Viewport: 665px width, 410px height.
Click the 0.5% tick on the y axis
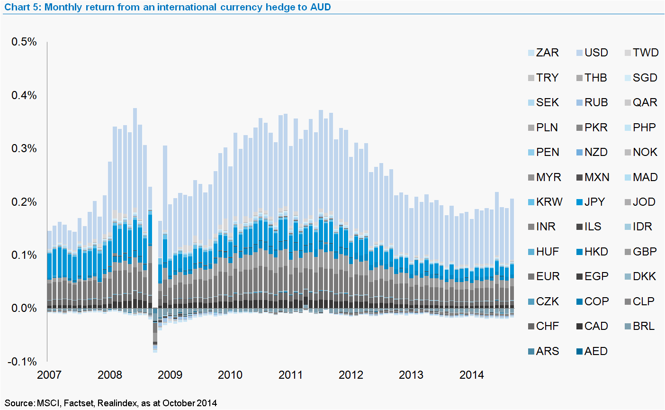(x=24, y=42)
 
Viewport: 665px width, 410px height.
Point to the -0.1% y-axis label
(x=22, y=362)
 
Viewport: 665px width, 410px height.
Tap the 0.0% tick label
(x=24, y=309)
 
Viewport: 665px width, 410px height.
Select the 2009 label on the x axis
(x=170, y=375)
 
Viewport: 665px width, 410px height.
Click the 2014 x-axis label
(x=472, y=375)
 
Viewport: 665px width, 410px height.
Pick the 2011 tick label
(x=290, y=375)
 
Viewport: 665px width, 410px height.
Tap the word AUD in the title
(x=321, y=7)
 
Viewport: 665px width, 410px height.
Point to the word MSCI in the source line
(x=48, y=403)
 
